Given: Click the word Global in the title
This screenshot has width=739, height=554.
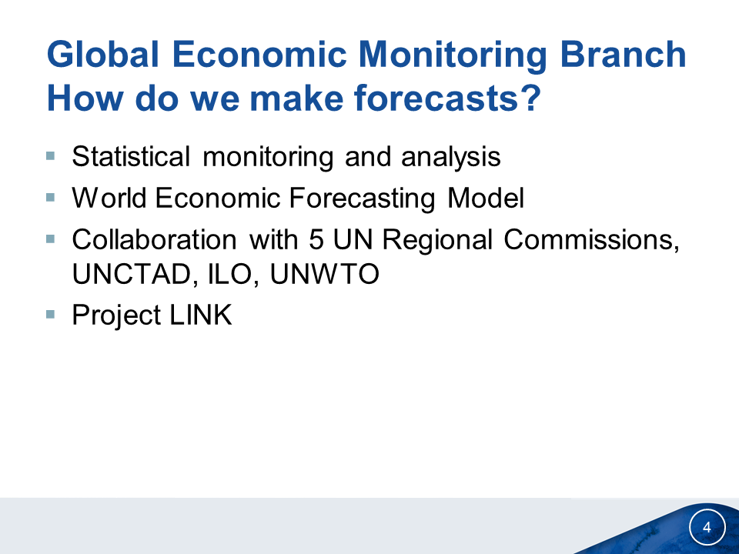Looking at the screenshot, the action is pos(102,54).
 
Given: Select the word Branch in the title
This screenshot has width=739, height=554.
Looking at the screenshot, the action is pos(623,54).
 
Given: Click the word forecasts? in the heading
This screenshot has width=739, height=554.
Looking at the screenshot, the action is pos(447,98).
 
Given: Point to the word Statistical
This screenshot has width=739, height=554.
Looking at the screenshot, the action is pos(131,156).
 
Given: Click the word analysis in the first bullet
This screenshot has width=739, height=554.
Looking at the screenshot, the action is pos(450,158).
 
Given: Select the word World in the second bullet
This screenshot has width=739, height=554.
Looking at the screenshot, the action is pos(109,198).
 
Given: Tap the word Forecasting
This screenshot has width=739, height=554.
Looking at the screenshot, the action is pos(362,199).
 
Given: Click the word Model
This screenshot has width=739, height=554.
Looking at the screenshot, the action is pos(486,198).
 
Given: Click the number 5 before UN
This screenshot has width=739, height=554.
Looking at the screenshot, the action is pos(316,239).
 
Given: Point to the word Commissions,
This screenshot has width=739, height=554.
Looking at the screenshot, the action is pos(591,240).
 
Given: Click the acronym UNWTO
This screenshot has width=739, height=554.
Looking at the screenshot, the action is pos(324,274).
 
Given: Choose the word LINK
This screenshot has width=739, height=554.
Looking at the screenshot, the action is pos(200,315).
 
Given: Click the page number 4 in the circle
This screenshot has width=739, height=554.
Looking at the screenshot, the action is pos(707,527).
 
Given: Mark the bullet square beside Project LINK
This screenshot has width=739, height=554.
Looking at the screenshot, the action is pos(51,314).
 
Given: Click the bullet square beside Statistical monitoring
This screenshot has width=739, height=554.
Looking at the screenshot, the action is pos(51,155).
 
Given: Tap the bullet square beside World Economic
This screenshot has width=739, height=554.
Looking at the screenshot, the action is pos(51,197).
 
